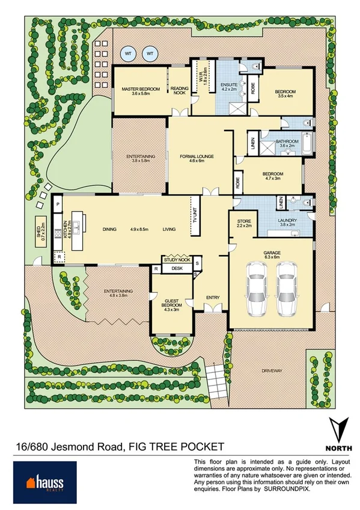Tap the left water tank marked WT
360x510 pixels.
[x=128, y=54]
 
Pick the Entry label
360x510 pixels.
[x=213, y=297]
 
